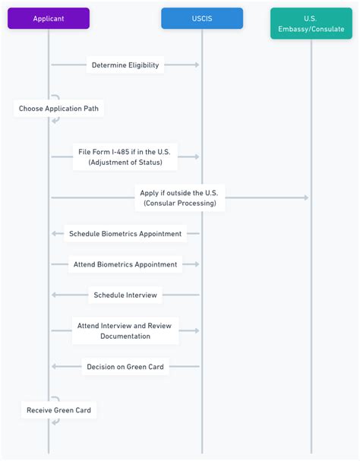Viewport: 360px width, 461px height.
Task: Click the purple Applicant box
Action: coord(49,18)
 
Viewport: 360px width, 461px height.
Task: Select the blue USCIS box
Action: coord(202,18)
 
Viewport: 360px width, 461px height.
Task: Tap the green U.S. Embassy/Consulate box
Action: coord(311,24)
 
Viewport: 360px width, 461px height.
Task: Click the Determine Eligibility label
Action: coord(125,65)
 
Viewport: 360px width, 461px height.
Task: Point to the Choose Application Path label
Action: coord(58,109)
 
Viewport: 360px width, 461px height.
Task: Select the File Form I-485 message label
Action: coord(125,156)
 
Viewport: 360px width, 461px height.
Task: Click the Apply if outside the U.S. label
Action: coord(179,197)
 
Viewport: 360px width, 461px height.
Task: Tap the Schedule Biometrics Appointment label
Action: coord(125,234)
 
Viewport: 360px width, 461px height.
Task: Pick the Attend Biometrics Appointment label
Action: coord(125,265)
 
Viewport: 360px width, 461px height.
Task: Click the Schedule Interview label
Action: coord(125,295)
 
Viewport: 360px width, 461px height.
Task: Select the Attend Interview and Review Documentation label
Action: coord(125,330)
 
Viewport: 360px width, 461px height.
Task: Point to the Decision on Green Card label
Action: coord(125,367)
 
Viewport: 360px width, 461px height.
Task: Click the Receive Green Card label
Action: coord(58,410)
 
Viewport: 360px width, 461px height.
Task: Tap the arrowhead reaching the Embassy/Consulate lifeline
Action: coord(305,197)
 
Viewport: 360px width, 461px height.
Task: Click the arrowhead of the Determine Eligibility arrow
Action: coord(197,65)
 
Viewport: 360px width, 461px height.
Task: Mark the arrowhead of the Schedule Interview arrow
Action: coord(54,295)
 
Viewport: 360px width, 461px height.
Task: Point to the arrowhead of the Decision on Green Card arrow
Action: coord(54,367)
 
